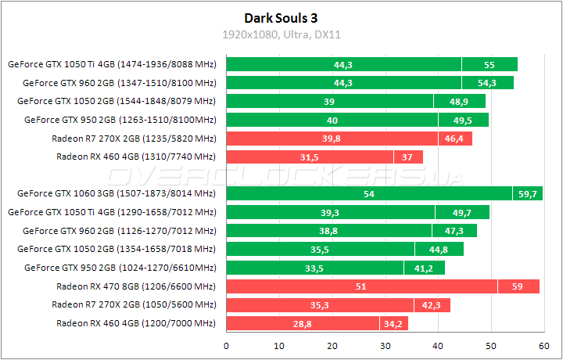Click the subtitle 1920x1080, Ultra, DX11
pos(281,34)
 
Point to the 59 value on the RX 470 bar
pos(518,286)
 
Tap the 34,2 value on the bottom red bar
pos(393,323)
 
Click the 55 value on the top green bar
pos(489,64)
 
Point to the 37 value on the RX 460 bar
pos(408,157)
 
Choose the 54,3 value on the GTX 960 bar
pos(487,83)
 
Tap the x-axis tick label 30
pos(385,344)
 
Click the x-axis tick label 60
pos(543,344)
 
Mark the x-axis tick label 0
pos(226,344)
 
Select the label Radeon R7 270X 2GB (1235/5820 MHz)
pos(133,139)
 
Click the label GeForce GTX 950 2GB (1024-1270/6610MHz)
pos(120,268)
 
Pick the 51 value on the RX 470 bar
pos(360,286)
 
